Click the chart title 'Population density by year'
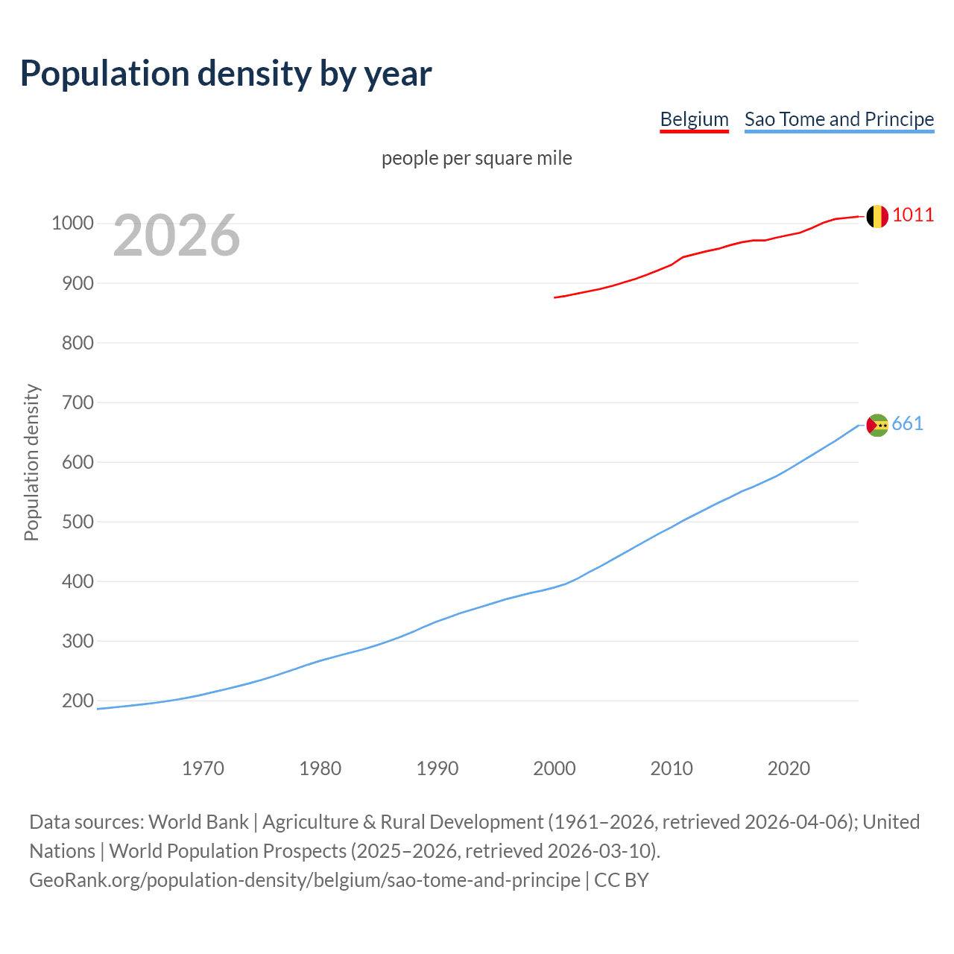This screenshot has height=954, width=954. pos(226,74)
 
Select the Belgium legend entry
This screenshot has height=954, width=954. pos(694,119)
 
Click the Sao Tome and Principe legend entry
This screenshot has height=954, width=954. pos(838,119)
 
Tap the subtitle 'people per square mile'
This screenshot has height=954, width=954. pos(476,158)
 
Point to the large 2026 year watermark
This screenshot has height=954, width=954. pos(177,236)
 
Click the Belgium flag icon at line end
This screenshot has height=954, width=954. pos(877,216)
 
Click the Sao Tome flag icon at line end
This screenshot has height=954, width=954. pos(877,425)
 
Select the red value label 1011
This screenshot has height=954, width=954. pos(912,215)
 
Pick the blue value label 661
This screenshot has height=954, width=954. pos(907,423)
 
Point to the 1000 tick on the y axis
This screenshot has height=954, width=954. pos(72,224)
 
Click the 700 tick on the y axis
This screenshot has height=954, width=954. pos(78,402)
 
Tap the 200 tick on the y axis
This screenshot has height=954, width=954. pos(78,701)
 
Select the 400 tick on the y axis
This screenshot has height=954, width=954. pos(78,581)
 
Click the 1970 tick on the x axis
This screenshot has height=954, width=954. pos(203,768)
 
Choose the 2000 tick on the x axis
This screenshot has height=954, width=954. pos(555,768)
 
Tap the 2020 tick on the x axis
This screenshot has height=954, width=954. pos(789,768)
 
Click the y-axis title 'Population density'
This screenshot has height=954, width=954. pos(31,462)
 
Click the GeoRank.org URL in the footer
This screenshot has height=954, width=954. pos(305,880)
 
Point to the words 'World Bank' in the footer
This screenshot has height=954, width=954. pos(198,822)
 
